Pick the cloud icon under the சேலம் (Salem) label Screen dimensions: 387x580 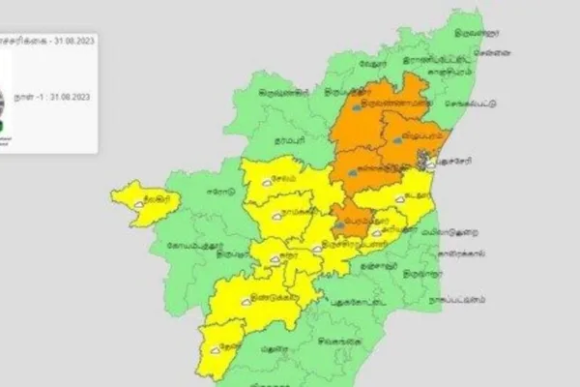click(280, 190)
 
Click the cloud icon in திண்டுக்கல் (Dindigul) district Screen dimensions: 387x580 click(246, 301)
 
